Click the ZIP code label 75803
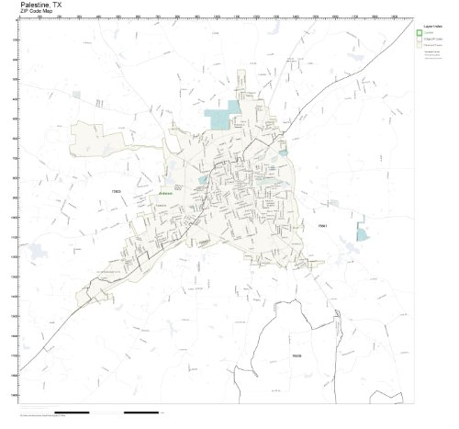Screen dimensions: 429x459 [x=117, y=191]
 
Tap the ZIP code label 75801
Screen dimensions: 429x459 [x=322, y=224]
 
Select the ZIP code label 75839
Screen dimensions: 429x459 [x=297, y=354]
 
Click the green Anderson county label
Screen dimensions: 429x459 [x=166, y=194]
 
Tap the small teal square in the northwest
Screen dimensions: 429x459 [x=76, y=94]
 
